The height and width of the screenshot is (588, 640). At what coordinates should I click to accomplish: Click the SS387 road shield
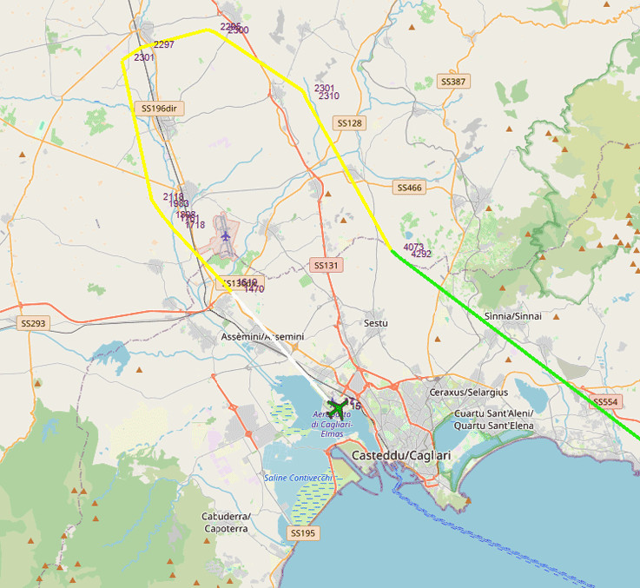(453, 82)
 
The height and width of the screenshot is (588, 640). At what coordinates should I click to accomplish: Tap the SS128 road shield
(349, 123)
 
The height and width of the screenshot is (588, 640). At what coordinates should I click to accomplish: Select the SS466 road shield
(409, 188)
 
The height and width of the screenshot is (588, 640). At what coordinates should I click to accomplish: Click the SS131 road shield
(325, 265)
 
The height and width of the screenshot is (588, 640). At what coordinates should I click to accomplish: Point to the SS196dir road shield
(159, 109)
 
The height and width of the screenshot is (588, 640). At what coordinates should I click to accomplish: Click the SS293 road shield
(33, 323)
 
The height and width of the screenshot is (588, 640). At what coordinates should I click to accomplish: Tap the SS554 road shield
(605, 402)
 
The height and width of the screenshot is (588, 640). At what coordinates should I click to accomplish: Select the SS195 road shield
(303, 532)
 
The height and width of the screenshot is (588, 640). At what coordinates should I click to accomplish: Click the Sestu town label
(376, 323)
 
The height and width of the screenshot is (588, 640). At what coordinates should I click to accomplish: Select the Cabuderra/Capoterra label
(227, 522)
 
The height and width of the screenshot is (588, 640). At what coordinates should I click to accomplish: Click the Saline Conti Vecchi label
(298, 478)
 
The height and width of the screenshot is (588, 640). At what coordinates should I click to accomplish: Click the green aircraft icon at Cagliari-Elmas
(337, 406)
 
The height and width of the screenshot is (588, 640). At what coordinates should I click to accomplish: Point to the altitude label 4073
(413, 248)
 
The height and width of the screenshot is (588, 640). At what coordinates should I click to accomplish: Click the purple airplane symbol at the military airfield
(226, 235)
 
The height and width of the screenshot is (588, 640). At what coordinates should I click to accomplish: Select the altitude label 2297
(163, 44)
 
